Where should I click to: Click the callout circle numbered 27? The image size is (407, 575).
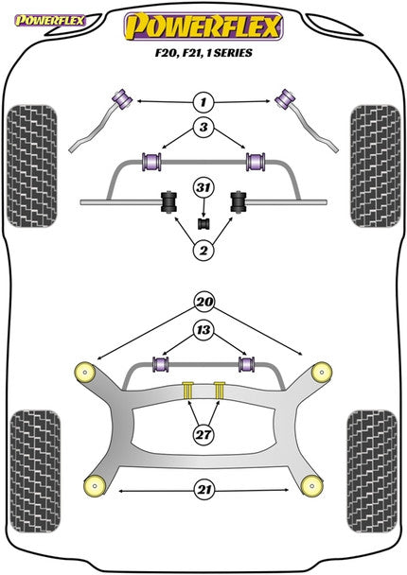tap(202, 434)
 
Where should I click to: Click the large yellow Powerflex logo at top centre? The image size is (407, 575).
tap(203, 26)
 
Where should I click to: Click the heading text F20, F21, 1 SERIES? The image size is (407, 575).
tap(203, 54)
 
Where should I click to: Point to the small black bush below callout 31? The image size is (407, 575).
tap(201, 223)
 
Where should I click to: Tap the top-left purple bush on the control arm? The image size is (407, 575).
tap(121, 96)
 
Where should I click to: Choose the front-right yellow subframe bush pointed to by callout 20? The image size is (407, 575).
tap(322, 370)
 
